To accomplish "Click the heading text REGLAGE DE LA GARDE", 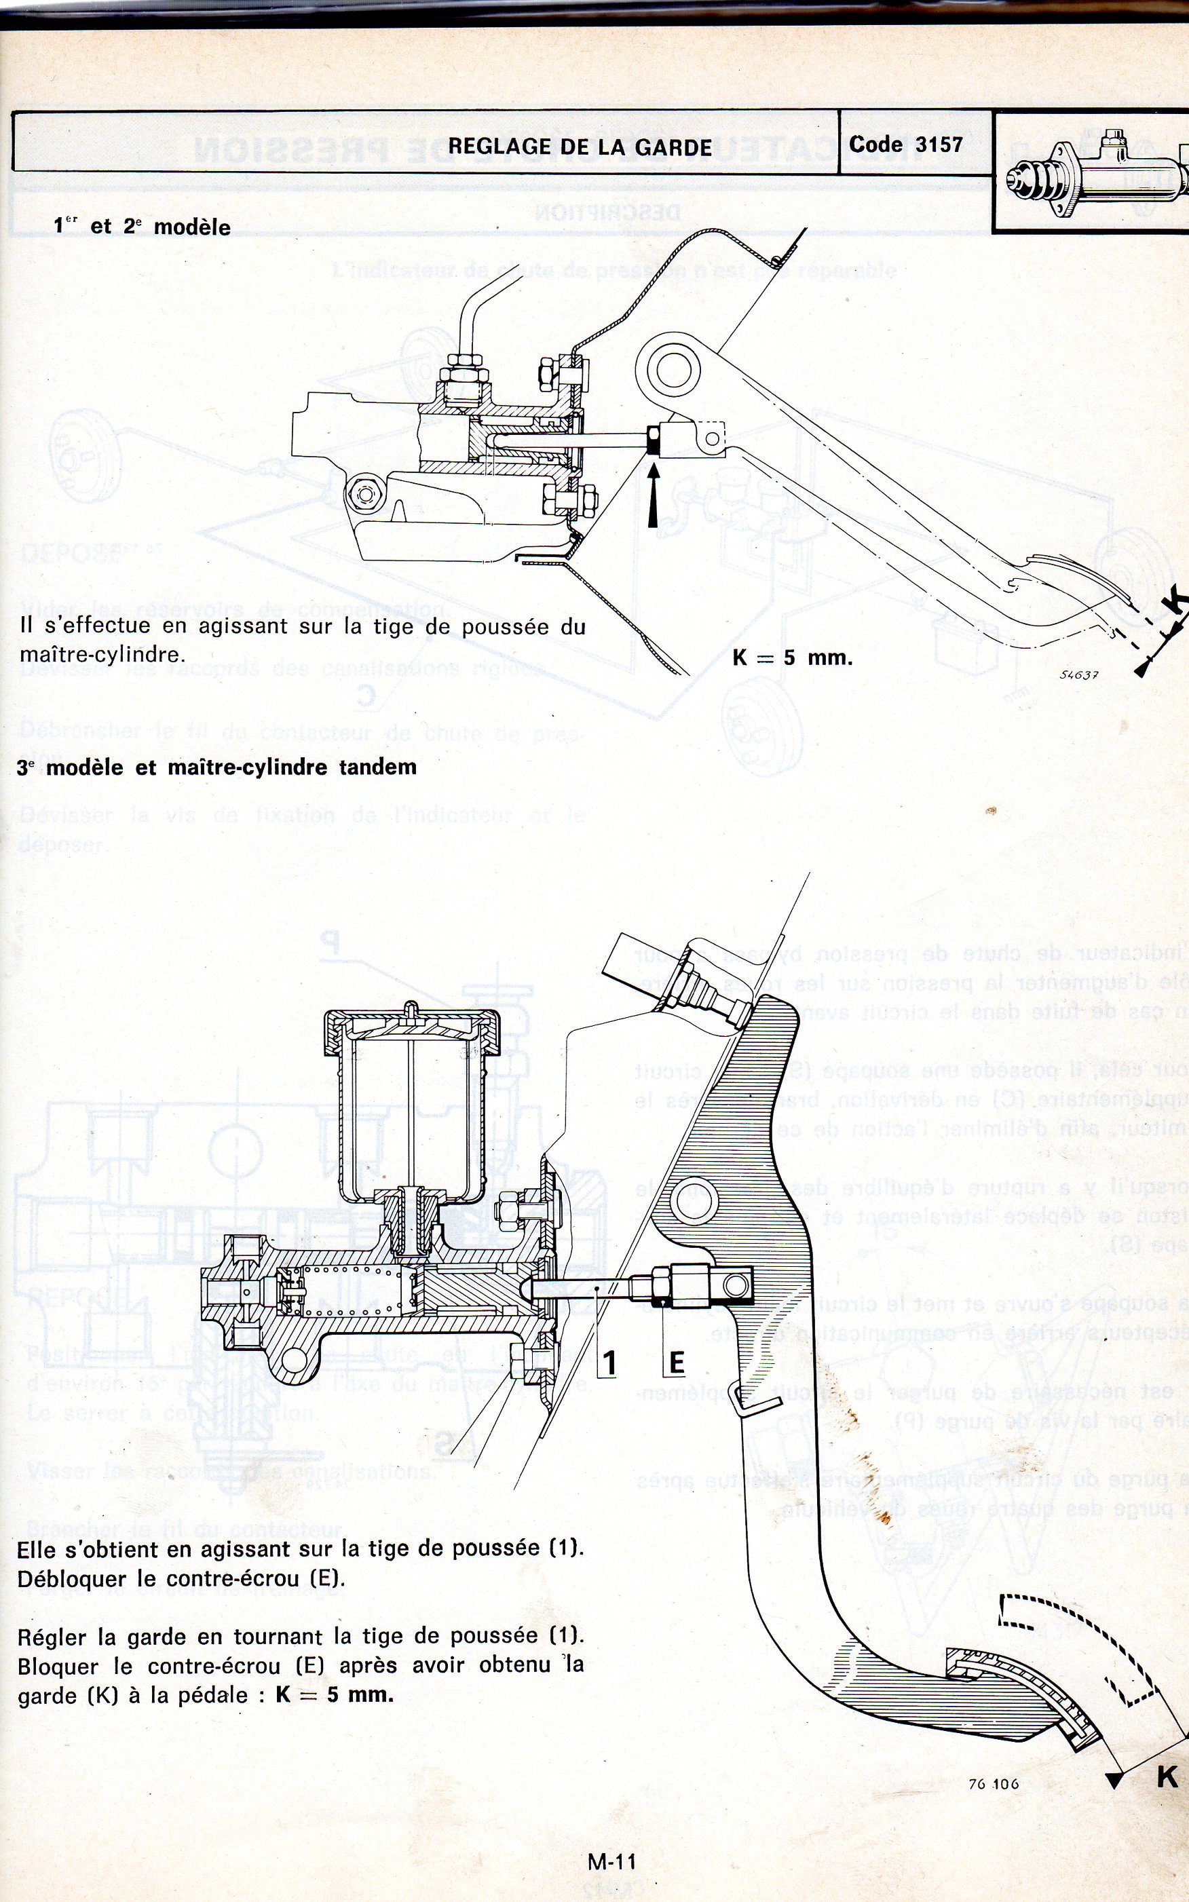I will coord(580,147).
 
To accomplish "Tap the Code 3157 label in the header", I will coord(905,145).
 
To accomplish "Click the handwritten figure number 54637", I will coord(1078,674).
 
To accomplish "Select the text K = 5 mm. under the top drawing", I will coord(792,658).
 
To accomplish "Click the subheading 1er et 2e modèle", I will coord(143,227).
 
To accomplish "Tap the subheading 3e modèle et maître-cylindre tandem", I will coord(217,767).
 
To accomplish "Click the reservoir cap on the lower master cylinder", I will coord(411,1026).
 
